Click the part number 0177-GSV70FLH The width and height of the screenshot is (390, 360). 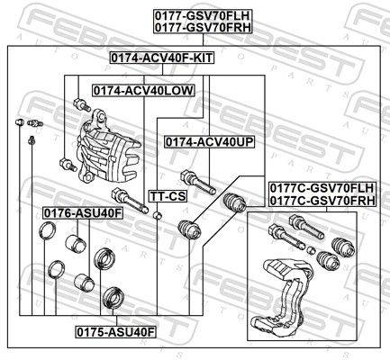(x=203, y=15)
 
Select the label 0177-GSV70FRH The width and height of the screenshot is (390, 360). (x=203, y=27)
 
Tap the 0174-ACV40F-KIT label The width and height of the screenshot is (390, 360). (x=162, y=58)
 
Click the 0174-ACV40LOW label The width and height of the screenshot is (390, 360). (x=143, y=90)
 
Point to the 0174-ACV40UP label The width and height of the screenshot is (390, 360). (x=209, y=142)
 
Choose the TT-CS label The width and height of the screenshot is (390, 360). (x=168, y=196)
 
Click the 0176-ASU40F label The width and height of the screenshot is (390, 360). (x=83, y=213)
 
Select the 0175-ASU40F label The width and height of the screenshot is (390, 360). (x=115, y=332)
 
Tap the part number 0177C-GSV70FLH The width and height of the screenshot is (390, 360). (x=322, y=188)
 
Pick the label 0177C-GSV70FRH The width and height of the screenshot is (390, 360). (x=322, y=201)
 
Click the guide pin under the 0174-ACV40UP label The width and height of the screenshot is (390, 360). (x=198, y=182)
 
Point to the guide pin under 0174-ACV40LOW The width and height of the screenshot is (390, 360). (x=130, y=200)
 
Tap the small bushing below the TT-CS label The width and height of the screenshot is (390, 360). (x=158, y=215)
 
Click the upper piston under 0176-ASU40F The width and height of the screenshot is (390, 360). (x=76, y=243)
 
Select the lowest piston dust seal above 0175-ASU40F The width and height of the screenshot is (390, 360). (x=113, y=298)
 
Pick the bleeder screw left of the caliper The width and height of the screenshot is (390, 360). (x=35, y=123)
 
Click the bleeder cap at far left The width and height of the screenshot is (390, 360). (x=20, y=122)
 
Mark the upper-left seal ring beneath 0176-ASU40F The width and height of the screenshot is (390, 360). (x=47, y=231)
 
